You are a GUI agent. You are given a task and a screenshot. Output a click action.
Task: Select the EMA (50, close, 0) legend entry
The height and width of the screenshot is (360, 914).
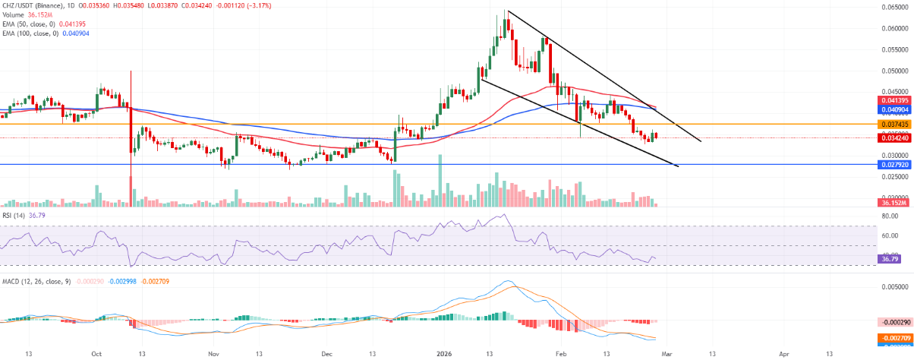pyautogui.click(x=30, y=24)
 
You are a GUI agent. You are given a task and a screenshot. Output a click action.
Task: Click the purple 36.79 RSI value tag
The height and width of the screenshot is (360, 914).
pyautogui.click(x=892, y=260)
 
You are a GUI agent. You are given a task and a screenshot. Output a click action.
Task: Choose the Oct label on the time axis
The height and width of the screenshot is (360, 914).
pyautogui.click(x=96, y=353)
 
